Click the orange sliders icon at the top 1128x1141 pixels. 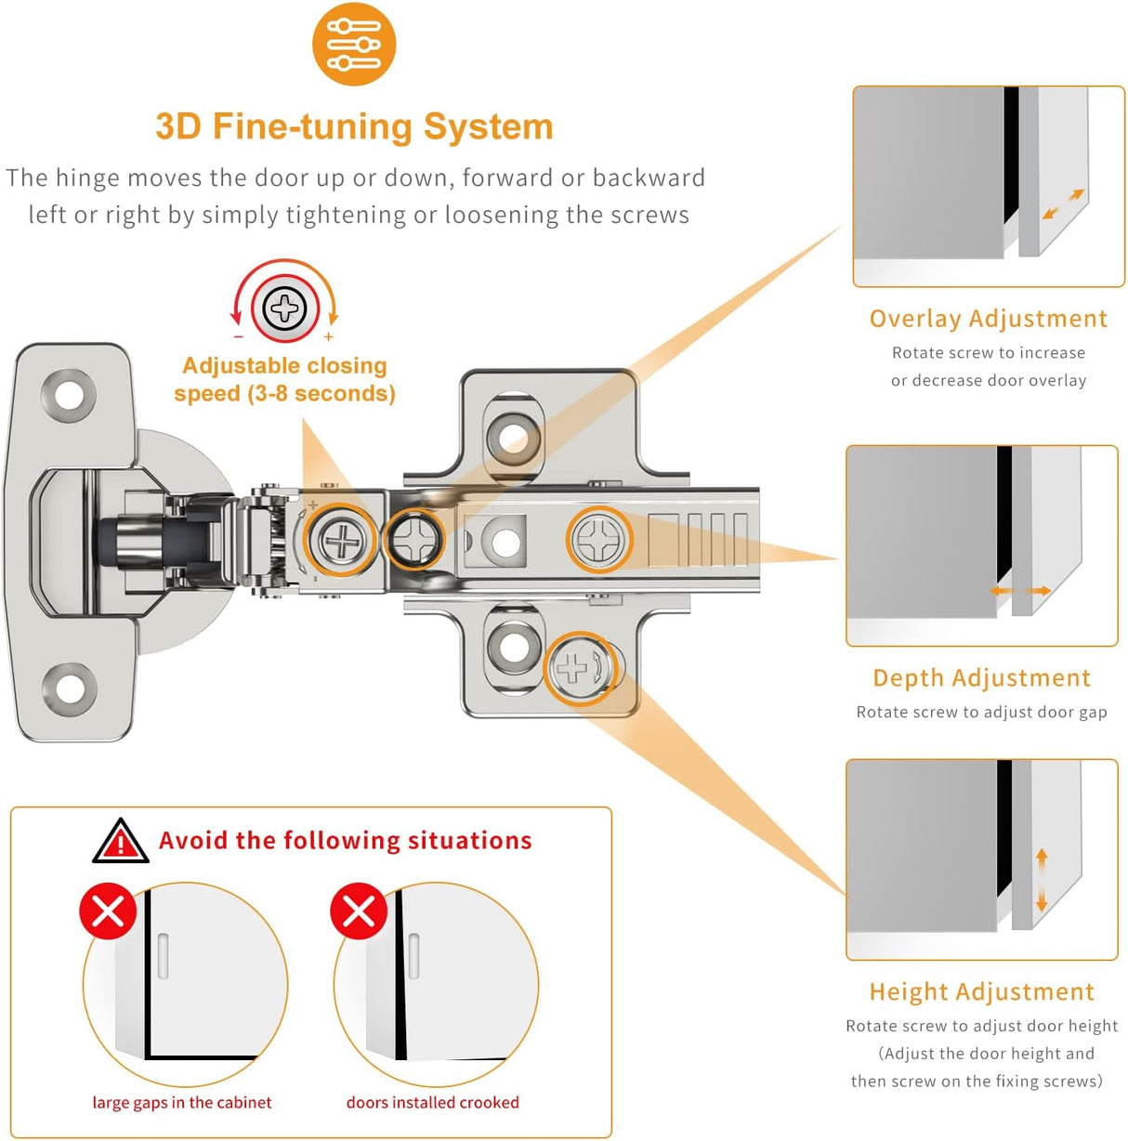(354, 45)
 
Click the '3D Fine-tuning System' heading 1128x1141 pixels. (354, 126)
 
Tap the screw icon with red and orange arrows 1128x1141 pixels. (284, 308)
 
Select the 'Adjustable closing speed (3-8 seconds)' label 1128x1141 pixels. (284, 379)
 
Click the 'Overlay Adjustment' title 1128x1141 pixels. (988, 319)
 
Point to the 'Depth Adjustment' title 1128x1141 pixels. (981, 678)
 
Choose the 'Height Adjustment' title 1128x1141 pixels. (981, 992)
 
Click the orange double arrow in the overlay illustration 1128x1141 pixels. (1063, 204)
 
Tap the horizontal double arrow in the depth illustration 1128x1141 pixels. (1019, 591)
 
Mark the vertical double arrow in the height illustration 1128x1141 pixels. (1042, 879)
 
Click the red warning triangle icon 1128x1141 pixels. (120, 842)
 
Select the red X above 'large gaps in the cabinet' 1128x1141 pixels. (108, 911)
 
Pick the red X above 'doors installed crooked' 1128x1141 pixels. (359, 911)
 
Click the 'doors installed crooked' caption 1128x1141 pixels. (432, 1103)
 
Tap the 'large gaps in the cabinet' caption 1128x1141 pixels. (182, 1103)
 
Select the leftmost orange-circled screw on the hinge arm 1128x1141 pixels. (341, 540)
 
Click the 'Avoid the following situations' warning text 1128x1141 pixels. (345, 841)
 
